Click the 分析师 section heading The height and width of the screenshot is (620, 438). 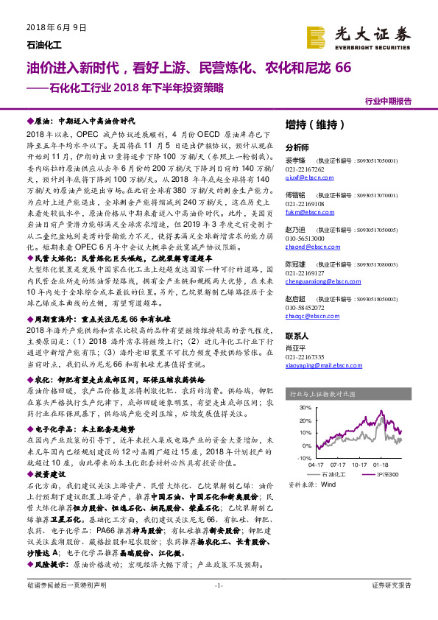click(x=297, y=147)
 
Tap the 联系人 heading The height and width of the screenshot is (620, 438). click(x=297, y=335)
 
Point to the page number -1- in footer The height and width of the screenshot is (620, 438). click(x=218, y=606)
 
